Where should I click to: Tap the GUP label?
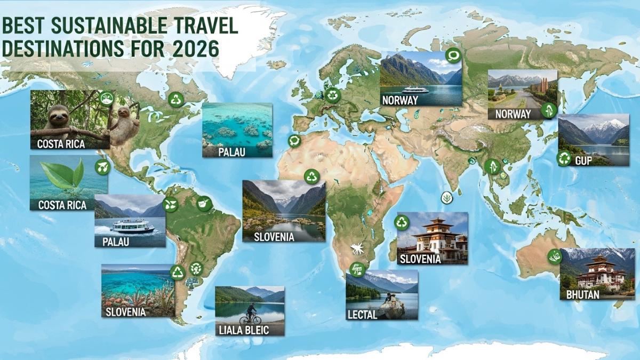583,160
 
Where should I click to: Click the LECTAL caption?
363,315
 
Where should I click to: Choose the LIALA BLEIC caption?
244,330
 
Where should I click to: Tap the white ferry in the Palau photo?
132,226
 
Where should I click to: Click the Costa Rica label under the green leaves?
62,205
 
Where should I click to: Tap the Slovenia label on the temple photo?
420,259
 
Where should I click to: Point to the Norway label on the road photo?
513,114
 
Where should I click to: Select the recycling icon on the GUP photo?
564,158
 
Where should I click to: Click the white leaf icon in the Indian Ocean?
446,198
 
